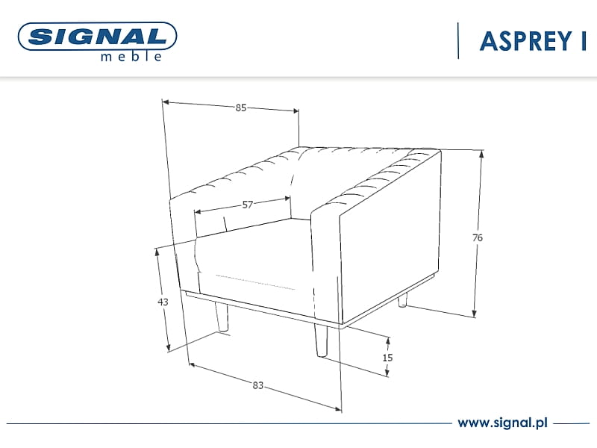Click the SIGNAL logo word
coord(98,37)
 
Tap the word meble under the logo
coord(131,57)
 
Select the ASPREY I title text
coord(533,41)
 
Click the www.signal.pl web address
coord(502,423)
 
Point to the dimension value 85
coord(240,108)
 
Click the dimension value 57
coord(248,205)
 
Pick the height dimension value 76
coord(478,237)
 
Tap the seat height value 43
coord(163,302)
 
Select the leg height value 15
coord(387,358)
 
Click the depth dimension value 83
coord(257,385)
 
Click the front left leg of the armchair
coord(222,317)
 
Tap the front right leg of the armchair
coord(321,340)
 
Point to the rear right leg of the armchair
coord(402,300)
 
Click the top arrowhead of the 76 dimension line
coord(481,154)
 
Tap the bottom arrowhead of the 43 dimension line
coord(169,347)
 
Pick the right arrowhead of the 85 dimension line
coord(295,111)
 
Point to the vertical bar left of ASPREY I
coord(458,41)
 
